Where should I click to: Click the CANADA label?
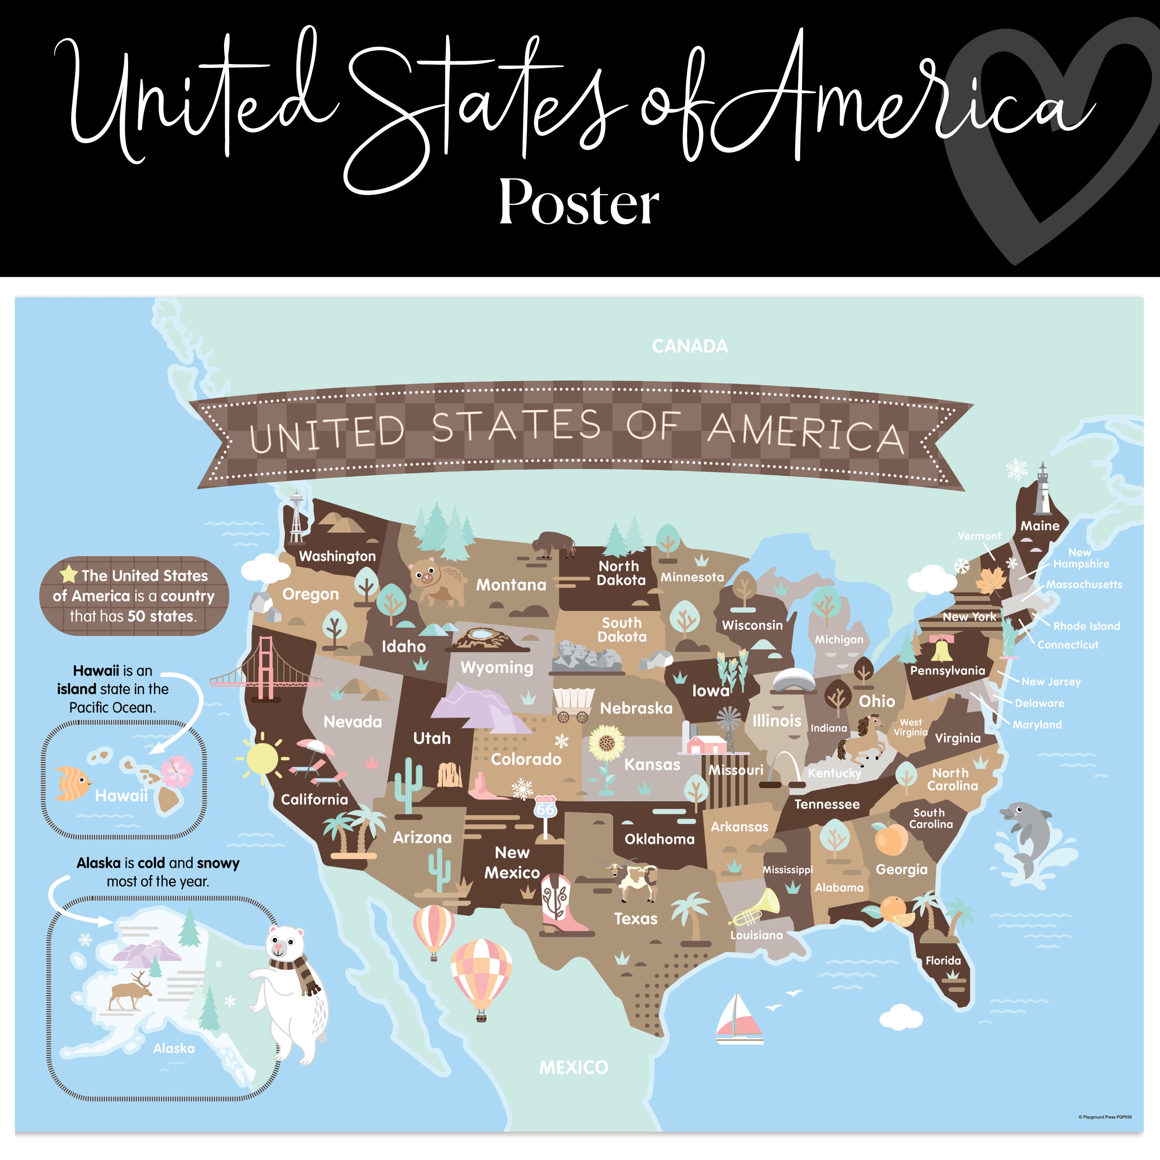pyautogui.click(x=689, y=346)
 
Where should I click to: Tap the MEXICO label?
pyautogui.click(x=573, y=1068)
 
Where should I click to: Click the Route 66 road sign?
pyautogui.click(x=545, y=808)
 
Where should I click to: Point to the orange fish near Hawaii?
pyautogui.click(x=72, y=783)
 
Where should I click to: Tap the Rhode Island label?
pyautogui.click(x=1086, y=626)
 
